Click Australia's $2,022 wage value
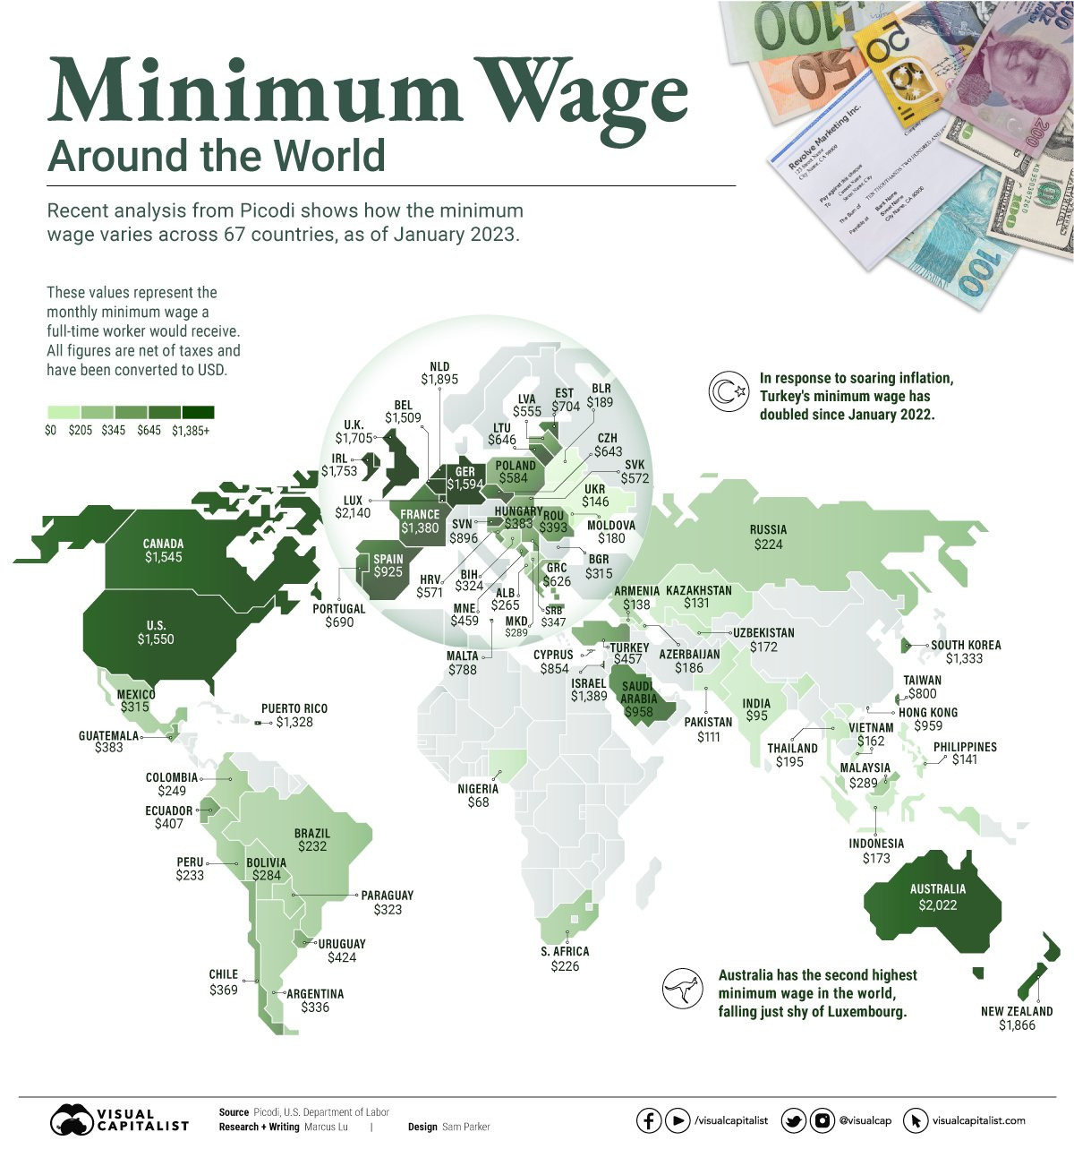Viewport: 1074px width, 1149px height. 938,905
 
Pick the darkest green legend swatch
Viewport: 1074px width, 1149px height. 198,412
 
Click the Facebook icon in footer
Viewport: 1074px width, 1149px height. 649,1120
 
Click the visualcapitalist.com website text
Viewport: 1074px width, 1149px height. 978,1120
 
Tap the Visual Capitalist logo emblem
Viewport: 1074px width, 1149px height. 73,1120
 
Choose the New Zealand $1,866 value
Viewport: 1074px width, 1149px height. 1017,1025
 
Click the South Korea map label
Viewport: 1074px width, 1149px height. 966,645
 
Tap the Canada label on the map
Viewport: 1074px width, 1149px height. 163,544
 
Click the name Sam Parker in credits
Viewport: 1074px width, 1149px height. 465,1127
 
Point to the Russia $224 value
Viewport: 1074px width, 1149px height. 768,544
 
